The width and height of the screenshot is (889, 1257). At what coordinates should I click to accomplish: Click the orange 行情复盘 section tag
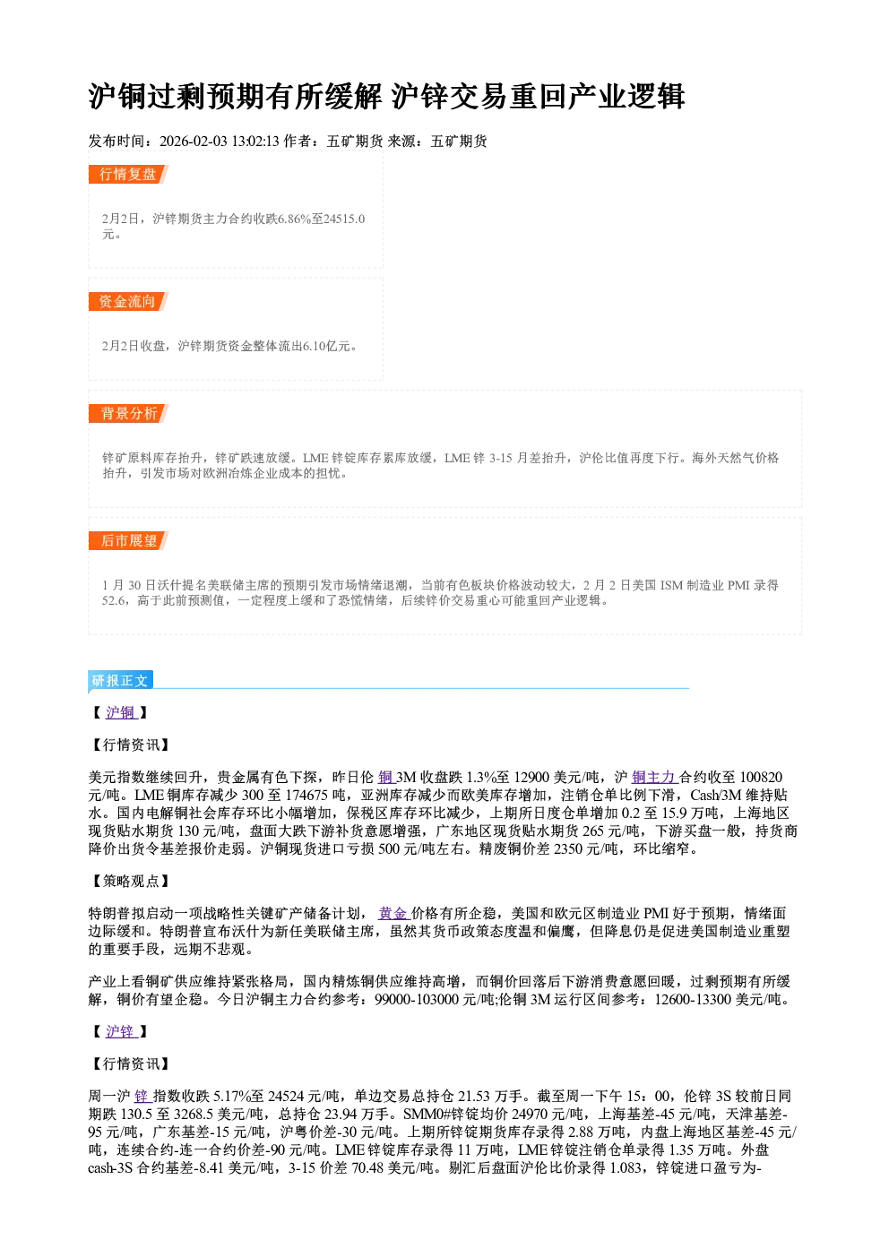pyautogui.click(x=128, y=174)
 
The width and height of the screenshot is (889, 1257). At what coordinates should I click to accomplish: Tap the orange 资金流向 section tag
pyautogui.click(x=128, y=301)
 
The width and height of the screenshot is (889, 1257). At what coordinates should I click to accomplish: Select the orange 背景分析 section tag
pyautogui.click(x=128, y=414)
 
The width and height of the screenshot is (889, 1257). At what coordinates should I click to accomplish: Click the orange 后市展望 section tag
pyautogui.click(x=128, y=541)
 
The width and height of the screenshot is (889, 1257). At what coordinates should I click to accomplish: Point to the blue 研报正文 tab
pyautogui.click(x=121, y=681)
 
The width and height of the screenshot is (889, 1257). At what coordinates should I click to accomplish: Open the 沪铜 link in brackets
pyautogui.click(x=121, y=712)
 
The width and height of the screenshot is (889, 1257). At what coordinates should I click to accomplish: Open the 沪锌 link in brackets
pyautogui.click(x=121, y=1031)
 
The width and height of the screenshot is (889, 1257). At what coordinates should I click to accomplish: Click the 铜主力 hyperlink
pyautogui.click(x=654, y=777)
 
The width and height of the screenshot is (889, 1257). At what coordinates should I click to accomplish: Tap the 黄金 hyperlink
pyautogui.click(x=393, y=914)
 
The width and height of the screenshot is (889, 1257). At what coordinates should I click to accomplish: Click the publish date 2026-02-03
pyautogui.click(x=193, y=142)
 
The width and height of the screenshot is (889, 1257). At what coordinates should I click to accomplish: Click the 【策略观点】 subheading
pyautogui.click(x=129, y=881)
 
